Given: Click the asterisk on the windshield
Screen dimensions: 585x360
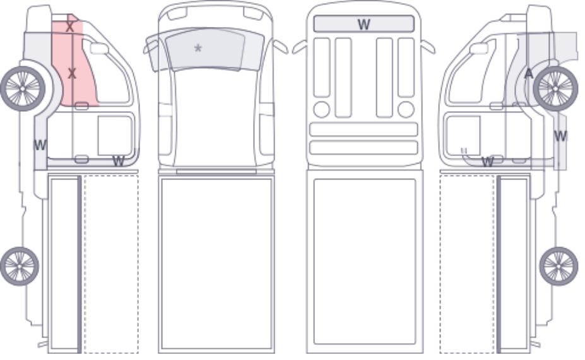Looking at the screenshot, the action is (x=198, y=48).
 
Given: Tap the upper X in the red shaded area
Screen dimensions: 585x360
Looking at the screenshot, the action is (x=69, y=27).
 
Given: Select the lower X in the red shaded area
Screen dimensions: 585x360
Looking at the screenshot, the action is (x=72, y=73).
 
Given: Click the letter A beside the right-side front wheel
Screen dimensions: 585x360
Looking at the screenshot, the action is (x=529, y=74).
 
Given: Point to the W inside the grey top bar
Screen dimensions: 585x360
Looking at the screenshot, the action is (x=363, y=25).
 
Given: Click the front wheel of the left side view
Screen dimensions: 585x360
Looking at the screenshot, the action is (x=23, y=88).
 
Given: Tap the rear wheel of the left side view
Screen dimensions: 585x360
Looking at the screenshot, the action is (x=20, y=266).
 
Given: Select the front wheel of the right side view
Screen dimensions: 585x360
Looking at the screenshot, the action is (x=555, y=88).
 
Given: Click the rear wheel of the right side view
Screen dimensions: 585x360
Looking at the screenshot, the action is (x=558, y=266).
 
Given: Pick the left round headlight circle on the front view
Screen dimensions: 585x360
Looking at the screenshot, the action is (x=322, y=109).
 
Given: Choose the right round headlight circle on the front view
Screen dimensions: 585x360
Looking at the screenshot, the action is (x=406, y=109).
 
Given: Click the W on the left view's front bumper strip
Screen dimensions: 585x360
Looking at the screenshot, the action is (x=40, y=145).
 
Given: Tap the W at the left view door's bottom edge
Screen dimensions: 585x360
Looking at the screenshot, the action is (x=118, y=161).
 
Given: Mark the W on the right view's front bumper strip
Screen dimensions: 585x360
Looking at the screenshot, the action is (x=560, y=136).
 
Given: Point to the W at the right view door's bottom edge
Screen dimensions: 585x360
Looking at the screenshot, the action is (x=487, y=162).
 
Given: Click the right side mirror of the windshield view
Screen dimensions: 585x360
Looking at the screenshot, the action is (x=281, y=47).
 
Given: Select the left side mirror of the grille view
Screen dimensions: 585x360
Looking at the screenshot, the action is (x=300, y=47).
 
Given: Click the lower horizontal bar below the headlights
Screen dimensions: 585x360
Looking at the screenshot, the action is (x=363, y=148).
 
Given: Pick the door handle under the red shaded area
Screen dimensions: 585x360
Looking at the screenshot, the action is (x=81, y=106).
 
